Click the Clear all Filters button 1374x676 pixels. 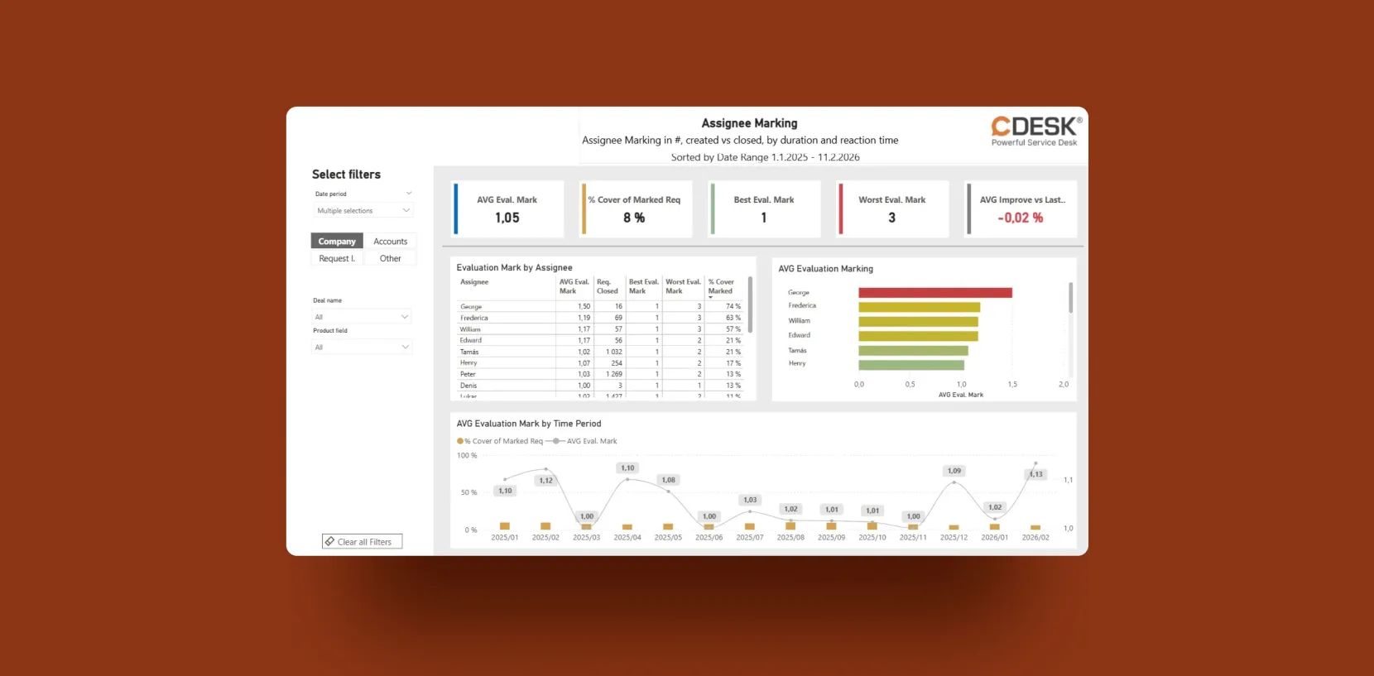363,542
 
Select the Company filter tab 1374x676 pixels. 337,242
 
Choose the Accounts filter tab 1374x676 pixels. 390,242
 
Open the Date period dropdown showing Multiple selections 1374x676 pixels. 363,211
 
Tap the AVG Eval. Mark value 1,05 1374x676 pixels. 507,218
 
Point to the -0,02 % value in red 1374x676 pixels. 1021,218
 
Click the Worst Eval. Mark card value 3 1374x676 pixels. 891,218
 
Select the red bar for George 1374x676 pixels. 935,293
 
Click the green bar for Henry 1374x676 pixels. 911,365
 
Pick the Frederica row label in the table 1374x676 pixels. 474,318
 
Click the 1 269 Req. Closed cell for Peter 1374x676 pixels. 613,374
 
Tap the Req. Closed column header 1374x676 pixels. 608,286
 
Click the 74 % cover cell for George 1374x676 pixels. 733,306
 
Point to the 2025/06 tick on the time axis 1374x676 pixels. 709,538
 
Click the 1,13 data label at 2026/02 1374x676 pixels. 1036,474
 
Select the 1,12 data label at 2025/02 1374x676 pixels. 545,481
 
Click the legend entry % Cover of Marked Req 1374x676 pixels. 502,441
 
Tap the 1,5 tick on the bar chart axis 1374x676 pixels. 1012,385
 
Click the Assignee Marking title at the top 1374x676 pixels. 749,123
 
